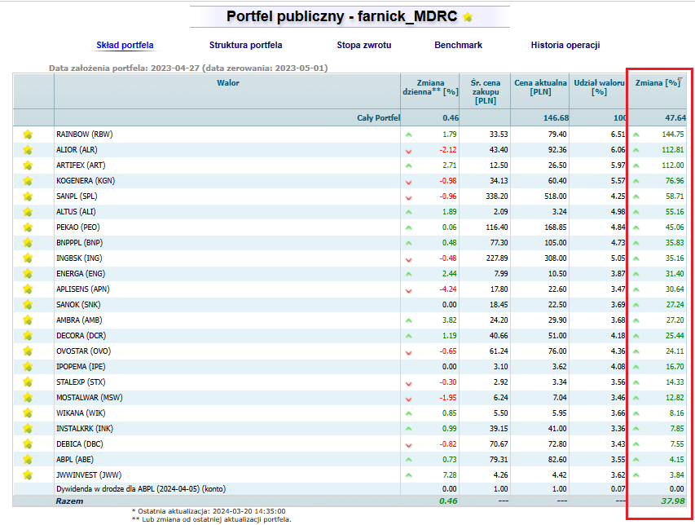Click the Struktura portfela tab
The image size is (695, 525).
click(245, 45)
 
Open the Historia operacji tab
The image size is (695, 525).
click(565, 45)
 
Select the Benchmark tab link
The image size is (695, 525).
click(459, 45)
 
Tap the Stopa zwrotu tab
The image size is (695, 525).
click(364, 45)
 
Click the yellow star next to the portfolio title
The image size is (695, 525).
click(468, 17)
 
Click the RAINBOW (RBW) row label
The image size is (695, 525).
click(84, 135)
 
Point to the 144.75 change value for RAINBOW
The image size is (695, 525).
click(673, 135)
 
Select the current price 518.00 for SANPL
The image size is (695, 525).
click(556, 196)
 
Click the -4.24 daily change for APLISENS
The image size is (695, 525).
click(447, 289)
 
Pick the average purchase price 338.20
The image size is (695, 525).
click(496, 196)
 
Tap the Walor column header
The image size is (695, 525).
click(228, 83)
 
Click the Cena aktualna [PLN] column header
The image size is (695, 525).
click(540, 87)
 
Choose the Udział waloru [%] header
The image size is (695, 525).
click(599, 87)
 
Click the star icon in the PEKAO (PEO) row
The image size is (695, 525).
click(28, 227)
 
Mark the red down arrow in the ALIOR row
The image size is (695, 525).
click(409, 151)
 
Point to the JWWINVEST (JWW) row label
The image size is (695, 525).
click(89, 475)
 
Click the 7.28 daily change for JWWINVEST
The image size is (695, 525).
click(450, 475)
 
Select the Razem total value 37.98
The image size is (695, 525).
click(673, 501)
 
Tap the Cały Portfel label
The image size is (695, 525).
click(379, 118)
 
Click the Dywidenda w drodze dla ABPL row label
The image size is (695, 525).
click(141, 488)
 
